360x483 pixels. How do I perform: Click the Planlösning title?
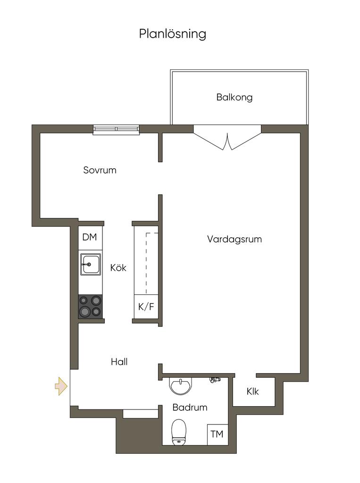tap(173, 34)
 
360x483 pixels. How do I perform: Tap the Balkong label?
tap(234, 97)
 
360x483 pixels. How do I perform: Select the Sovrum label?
tap(100, 170)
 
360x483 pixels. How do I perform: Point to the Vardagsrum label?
tap(234, 239)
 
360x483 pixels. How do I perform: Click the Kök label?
tap(118, 267)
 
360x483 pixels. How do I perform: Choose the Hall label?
tap(119, 362)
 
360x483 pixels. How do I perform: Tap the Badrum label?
tap(190, 407)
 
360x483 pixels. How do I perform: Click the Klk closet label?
tap(253, 391)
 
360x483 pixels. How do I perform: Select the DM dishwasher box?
tap(90, 238)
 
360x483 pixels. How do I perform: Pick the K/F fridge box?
tap(146, 307)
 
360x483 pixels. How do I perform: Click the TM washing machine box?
tap(218, 434)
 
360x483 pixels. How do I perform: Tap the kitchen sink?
tap(91, 264)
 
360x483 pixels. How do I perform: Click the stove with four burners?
tap(91, 307)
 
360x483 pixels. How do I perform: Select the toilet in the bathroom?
tap(179, 432)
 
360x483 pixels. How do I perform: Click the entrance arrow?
tap(61, 386)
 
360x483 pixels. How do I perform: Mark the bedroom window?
tap(117, 130)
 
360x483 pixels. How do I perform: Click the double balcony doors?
tap(227, 138)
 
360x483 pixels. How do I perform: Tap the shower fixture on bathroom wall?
tap(215, 379)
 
